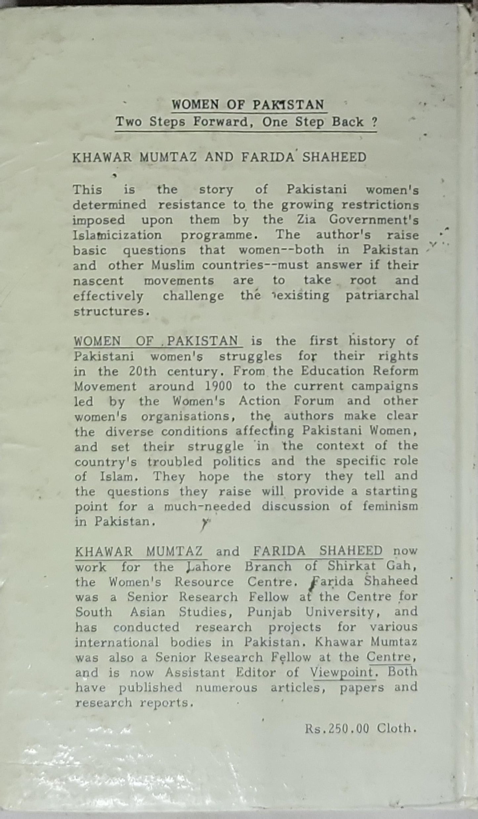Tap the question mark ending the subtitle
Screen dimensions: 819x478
[374, 122]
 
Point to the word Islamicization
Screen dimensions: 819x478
[117, 235]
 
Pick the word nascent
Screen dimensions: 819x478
[98, 281]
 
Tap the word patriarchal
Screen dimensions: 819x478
[382, 296]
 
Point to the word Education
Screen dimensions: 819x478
[333, 371]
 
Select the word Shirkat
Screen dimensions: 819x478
[352, 566]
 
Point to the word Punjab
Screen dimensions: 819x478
[269, 612]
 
